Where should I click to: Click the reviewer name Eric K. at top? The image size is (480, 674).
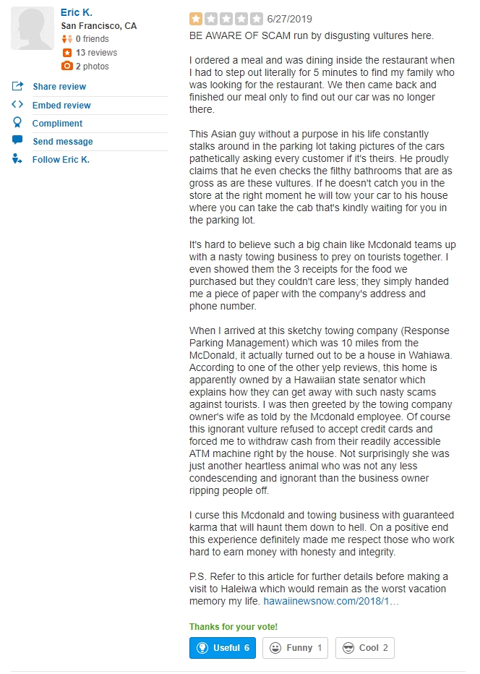76,13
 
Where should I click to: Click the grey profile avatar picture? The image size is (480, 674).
33,29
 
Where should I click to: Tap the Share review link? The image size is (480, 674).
59,87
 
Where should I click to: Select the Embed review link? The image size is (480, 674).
61,106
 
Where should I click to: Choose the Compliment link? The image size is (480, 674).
57,124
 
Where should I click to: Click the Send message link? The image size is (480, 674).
62,142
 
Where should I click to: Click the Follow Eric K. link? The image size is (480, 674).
61,160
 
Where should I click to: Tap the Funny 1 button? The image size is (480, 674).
295,648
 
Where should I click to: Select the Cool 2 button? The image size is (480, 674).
364,648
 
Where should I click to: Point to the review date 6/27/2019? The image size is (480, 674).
290,19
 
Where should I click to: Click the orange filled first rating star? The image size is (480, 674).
196,19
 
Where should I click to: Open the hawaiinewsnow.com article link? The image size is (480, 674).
330,601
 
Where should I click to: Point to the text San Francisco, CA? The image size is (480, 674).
98,26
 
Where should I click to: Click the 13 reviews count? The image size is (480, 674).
96,53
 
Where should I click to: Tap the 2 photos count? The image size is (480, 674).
92,67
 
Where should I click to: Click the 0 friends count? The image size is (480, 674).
92,39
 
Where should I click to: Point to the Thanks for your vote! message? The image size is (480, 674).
233,627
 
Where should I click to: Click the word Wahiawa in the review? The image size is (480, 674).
432,356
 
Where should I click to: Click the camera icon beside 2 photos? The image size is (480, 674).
67,66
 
